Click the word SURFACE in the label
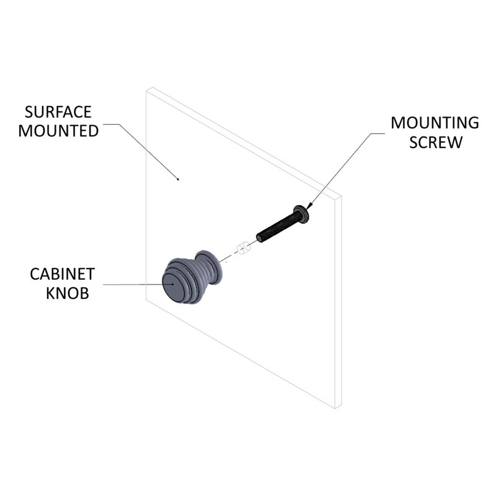58,112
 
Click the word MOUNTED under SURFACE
58,131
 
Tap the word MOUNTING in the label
435,123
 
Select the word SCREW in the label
436,142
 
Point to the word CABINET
63,274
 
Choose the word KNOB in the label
68,293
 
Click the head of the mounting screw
301,214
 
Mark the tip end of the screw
259,237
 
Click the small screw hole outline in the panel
243,249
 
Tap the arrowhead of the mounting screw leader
309,205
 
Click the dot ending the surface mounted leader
178,179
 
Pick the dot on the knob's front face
172,284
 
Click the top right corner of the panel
342,196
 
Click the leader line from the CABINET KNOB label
138,285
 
